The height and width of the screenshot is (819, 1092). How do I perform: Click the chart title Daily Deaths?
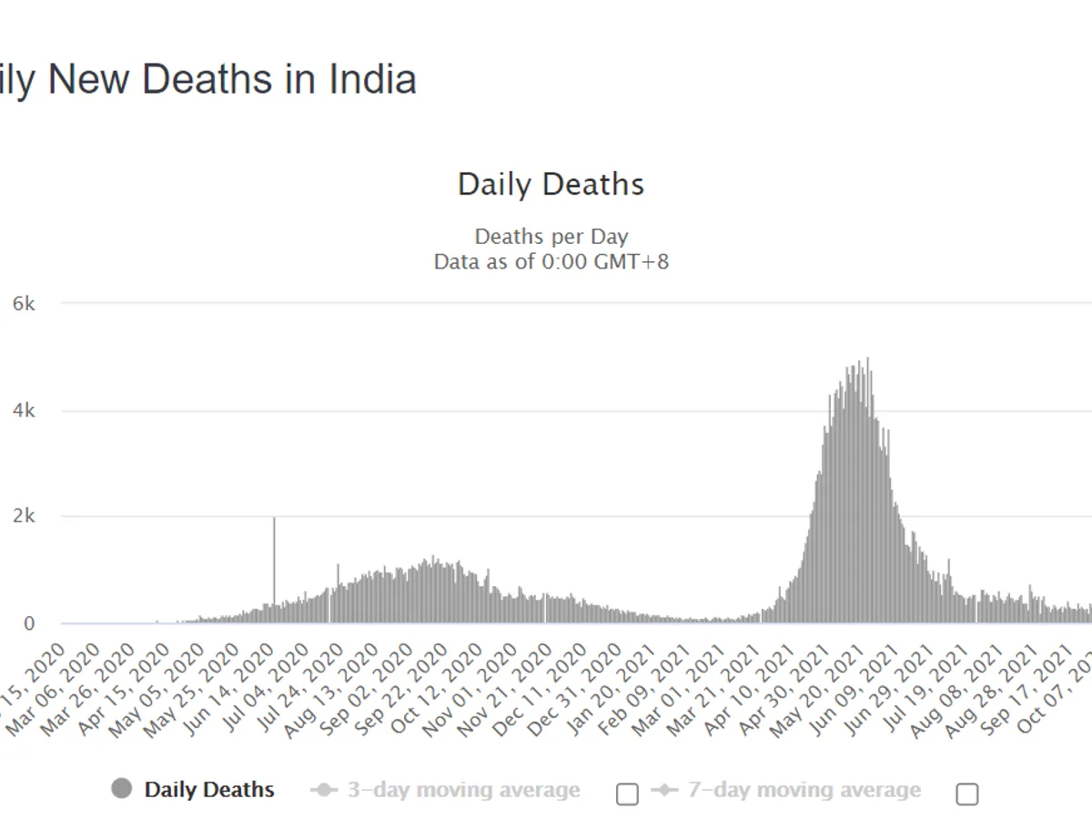[x=551, y=185]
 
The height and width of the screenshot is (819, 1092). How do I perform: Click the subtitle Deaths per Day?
[x=551, y=238]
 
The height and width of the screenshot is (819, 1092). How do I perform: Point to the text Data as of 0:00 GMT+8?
[x=551, y=263]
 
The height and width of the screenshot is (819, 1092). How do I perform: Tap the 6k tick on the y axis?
[x=24, y=304]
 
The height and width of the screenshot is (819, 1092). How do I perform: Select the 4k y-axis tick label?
[x=24, y=410]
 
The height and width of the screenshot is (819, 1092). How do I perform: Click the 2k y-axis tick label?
[x=24, y=517]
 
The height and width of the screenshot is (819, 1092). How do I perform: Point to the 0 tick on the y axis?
[x=29, y=624]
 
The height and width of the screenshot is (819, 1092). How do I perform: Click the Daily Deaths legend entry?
[x=209, y=790]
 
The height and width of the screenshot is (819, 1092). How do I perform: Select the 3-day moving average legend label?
[x=463, y=790]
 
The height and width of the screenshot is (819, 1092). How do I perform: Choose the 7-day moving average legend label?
[x=804, y=790]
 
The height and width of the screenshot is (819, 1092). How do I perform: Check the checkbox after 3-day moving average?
[x=627, y=794]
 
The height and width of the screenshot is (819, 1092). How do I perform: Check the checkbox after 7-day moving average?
[x=967, y=794]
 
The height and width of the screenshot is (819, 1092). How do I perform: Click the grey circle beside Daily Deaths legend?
[x=121, y=789]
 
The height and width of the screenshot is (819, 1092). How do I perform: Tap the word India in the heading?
[x=375, y=79]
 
